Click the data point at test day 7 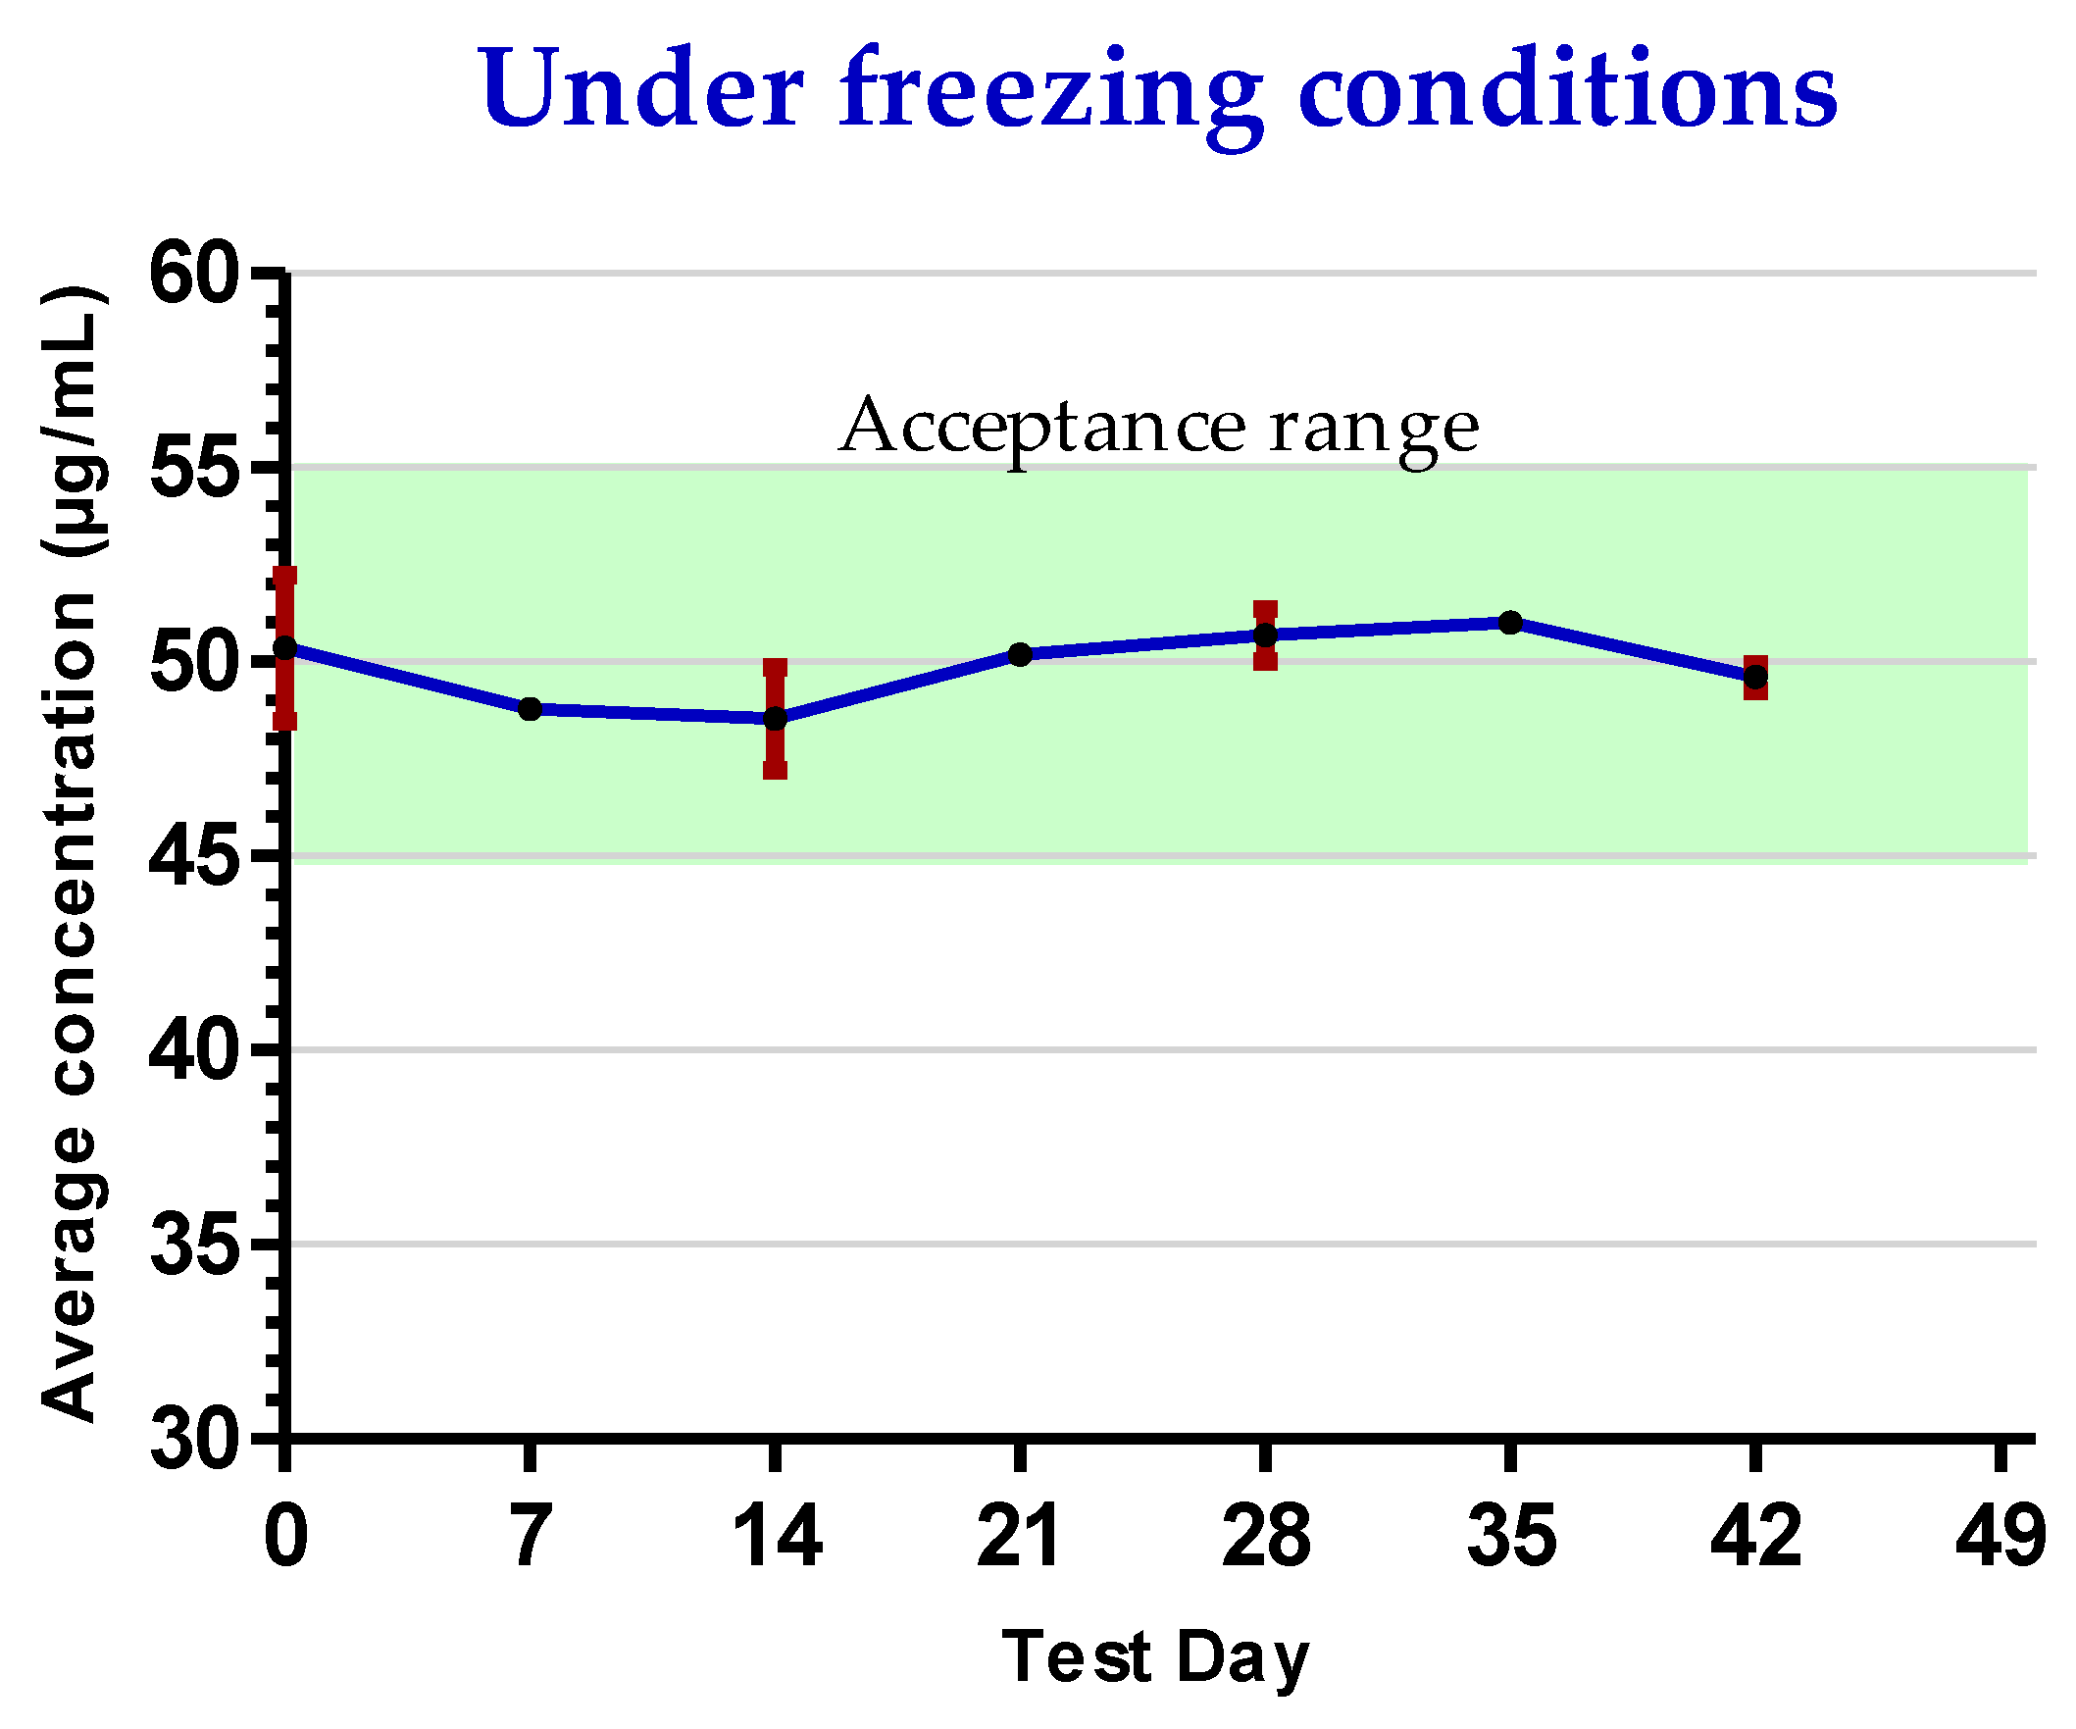(x=530, y=709)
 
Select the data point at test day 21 (x=1020, y=654)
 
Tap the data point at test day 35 (x=1510, y=622)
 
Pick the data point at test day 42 (x=1755, y=677)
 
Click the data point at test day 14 (x=775, y=719)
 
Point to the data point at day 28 (x=1265, y=635)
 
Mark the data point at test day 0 (x=284, y=647)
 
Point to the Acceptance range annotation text (x=1158, y=428)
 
